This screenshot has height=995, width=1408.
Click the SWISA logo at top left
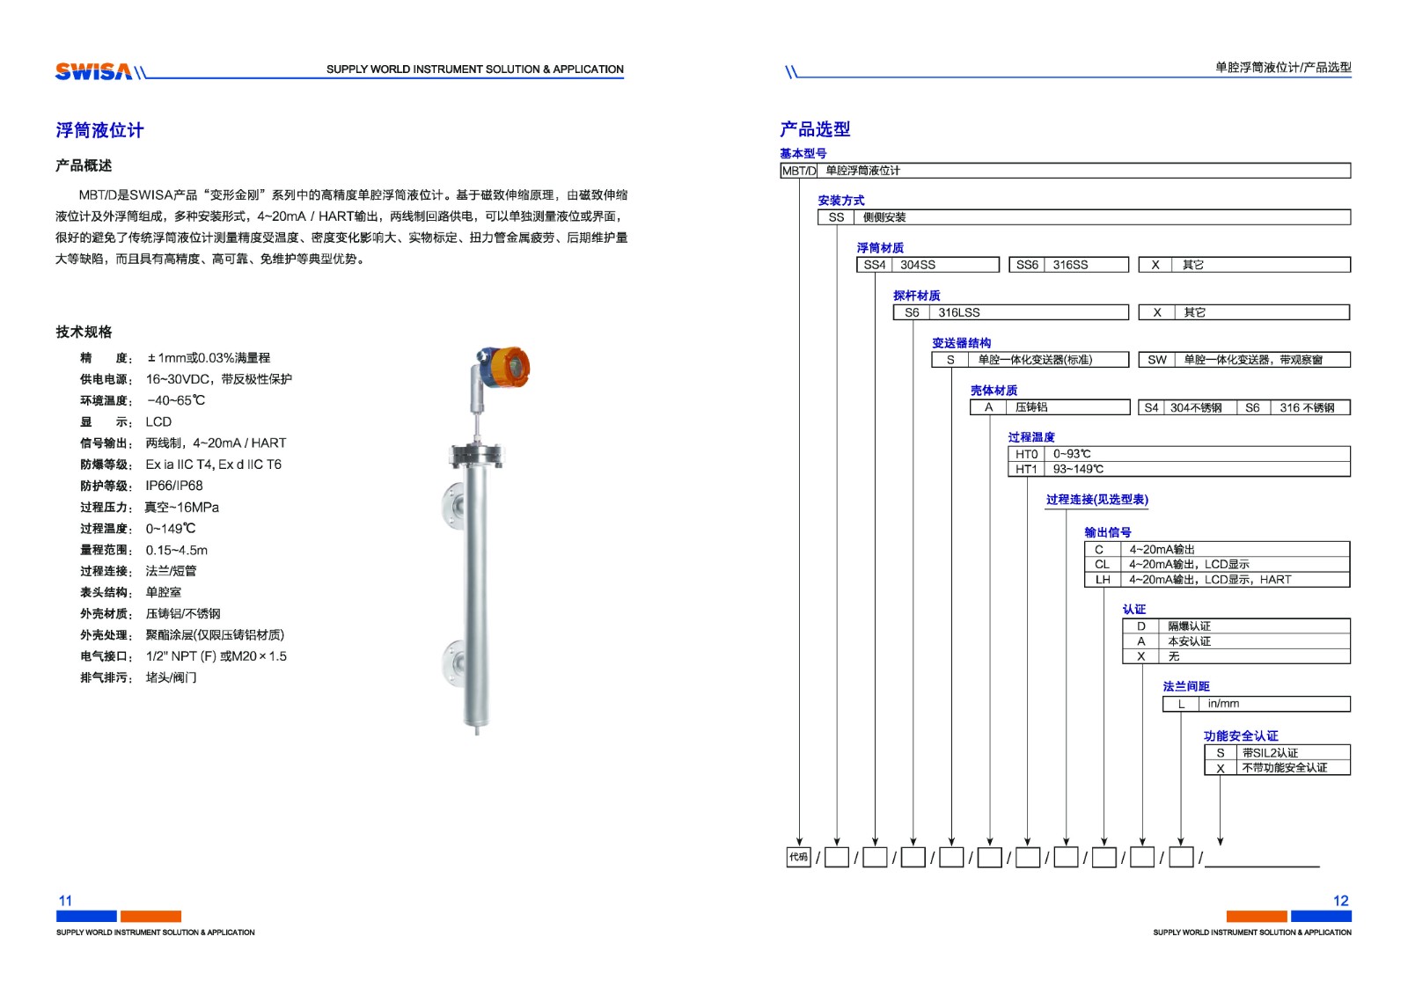coord(93,71)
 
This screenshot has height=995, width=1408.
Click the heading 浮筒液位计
coord(99,130)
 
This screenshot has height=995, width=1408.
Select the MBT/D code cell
coord(798,171)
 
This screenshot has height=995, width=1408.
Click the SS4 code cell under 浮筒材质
coord(874,265)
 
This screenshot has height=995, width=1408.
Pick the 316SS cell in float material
coord(1070,265)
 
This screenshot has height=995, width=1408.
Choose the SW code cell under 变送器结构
coord(1156,360)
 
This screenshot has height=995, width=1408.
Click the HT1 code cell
coord(1026,469)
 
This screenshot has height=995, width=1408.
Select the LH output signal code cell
coord(1102,580)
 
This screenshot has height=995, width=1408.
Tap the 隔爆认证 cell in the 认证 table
coord(1189,626)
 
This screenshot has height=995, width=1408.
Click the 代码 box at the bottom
coord(798,857)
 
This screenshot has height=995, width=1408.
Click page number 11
coord(65,901)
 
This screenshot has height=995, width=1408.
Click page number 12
coord(1340,901)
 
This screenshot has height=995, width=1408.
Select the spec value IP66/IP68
coord(174,486)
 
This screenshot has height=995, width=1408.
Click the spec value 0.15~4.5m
coord(177,550)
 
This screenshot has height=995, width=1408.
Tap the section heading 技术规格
coord(84,332)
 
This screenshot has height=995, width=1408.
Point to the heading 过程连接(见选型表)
coord(1096,500)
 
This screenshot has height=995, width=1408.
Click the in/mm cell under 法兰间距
coord(1223,704)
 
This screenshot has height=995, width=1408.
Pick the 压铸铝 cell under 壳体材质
coord(1031,407)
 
